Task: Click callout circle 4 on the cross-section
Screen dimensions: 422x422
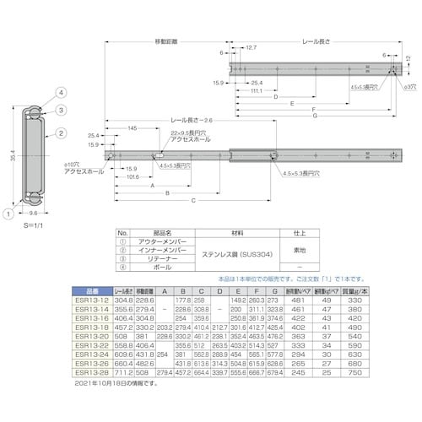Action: tap(62, 92)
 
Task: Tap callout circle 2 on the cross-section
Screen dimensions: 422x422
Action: tap(62, 133)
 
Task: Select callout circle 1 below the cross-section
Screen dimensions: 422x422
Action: tap(9, 215)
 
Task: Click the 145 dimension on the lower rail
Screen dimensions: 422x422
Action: tap(133, 127)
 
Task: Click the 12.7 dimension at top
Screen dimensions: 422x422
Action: tap(252, 48)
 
